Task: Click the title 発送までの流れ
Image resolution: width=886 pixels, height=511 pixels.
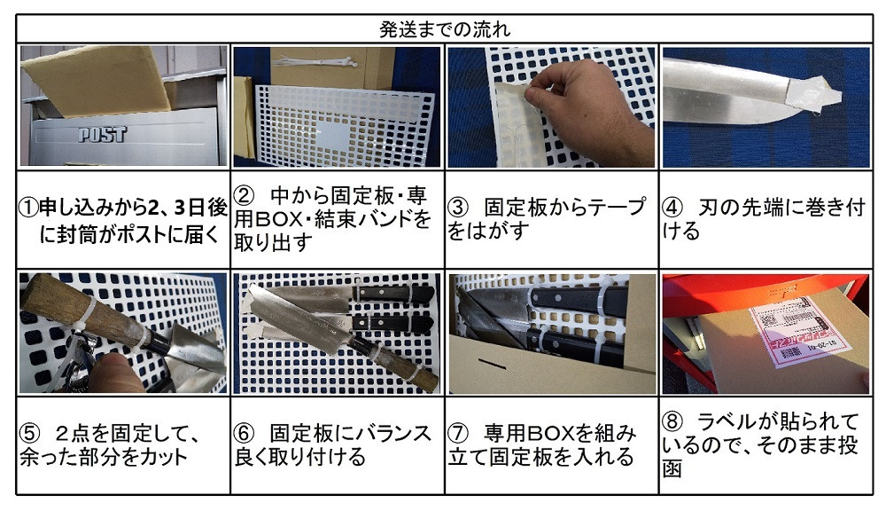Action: (x=444, y=29)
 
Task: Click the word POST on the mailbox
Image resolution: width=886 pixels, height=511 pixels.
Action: (x=102, y=134)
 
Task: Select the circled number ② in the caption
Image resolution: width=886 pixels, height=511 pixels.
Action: (x=245, y=196)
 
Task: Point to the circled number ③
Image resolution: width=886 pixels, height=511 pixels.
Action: (x=458, y=208)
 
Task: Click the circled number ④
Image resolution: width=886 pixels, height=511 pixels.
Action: (x=672, y=208)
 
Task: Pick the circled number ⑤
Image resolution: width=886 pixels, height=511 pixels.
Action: (x=29, y=434)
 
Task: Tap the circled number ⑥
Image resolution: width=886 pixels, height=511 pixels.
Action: (x=245, y=434)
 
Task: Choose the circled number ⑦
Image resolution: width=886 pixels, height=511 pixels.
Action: (x=458, y=434)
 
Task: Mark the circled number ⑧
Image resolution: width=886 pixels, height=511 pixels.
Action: (x=672, y=421)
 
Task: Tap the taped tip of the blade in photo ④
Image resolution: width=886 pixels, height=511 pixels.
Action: (x=812, y=93)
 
